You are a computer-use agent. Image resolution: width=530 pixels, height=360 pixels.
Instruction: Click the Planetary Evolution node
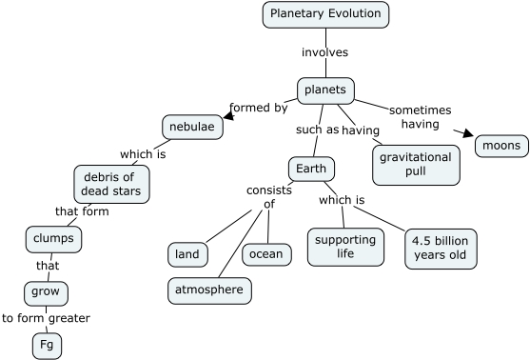(325, 14)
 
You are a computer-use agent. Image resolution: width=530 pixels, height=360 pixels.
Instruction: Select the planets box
(326, 90)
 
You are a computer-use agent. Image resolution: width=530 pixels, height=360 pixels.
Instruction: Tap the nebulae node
(192, 127)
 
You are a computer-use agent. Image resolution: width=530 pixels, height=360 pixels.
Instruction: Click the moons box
(501, 146)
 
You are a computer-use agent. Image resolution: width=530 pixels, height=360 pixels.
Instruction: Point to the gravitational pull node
(415, 163)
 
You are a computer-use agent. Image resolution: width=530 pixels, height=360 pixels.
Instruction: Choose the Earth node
(311, 170)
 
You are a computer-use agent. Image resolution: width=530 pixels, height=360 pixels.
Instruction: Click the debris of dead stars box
(110, 184)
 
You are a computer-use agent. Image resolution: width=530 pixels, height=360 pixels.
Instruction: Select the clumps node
(53, 239)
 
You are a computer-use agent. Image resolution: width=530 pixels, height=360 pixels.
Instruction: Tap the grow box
(46, 291)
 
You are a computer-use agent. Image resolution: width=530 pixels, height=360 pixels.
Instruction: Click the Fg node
(46, 345)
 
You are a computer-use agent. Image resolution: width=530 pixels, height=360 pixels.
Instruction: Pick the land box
(187, 254)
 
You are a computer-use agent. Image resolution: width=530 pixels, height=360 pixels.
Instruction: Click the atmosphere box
(210, 290)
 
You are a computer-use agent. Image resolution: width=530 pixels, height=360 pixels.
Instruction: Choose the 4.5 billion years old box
(439, 248)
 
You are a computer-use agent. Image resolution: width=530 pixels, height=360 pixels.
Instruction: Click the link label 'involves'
(324, 51)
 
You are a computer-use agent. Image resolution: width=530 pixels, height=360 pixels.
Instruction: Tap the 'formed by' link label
(258, 108)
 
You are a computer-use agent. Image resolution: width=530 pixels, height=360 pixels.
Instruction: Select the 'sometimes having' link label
(420, 116)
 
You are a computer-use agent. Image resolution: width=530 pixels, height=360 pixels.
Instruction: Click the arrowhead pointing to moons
(467, 134)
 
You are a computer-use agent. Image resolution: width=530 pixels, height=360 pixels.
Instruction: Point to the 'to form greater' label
(46, 318)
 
